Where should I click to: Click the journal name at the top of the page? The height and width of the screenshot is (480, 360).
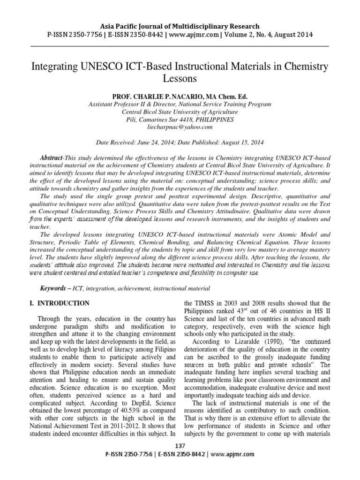click(180, 26)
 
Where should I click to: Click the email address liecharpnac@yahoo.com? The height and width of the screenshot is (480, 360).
click(180, 127)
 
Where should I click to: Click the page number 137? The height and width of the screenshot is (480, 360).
click(180, 445)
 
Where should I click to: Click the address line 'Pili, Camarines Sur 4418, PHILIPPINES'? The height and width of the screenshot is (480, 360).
click(180, 119)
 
